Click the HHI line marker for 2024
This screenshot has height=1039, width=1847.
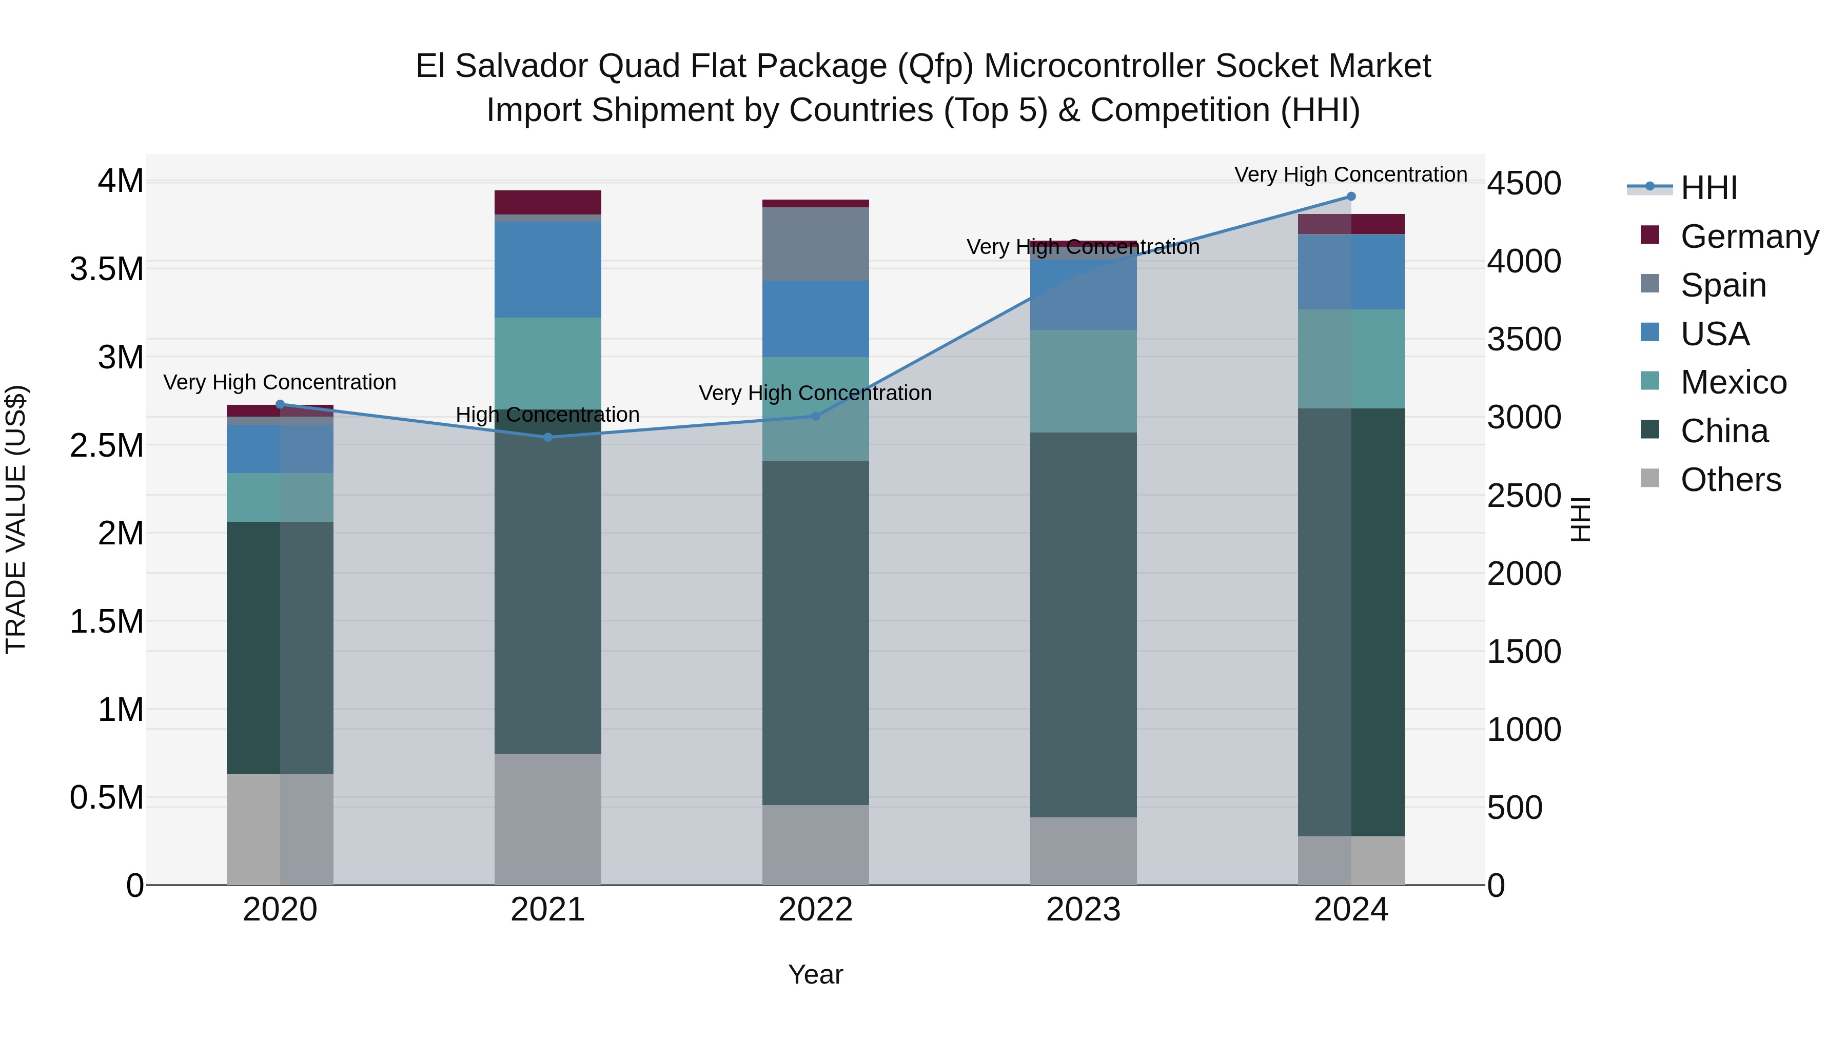pos(1351,197)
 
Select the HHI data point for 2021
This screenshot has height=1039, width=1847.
pos(548,437)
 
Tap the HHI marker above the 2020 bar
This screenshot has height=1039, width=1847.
pos(280,404)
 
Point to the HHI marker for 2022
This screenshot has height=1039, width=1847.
pos(815,416)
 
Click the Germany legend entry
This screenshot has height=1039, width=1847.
pos(1749,237)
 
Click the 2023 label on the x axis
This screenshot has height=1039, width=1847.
pos(1083,909)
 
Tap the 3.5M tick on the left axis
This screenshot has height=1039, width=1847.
pos(106,269)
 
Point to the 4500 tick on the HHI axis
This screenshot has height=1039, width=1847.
pos(1524,184)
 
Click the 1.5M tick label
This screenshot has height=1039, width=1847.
pos(106,622)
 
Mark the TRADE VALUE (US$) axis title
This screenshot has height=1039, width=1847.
pos(16,519)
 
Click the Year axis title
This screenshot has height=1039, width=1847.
pos(815,974)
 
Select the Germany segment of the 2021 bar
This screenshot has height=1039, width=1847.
pos(548,202)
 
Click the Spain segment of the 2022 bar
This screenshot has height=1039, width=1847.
pos(815,244)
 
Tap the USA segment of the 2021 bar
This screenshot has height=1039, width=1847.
pos(548,269)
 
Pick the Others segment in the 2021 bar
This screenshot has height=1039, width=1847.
pos(548,819)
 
